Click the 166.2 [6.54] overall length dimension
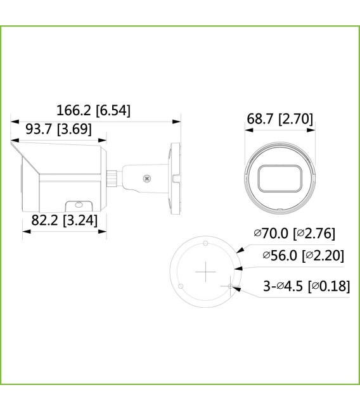coord(93,110)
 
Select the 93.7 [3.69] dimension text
coord(58,129)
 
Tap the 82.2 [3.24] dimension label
coord(63,220)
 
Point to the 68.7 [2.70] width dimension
coord(279,119)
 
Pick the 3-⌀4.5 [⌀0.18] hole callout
coord(306,286)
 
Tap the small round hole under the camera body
coord(79,205)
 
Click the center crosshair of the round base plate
coord(205,272)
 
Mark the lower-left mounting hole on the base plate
coord(181,287)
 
